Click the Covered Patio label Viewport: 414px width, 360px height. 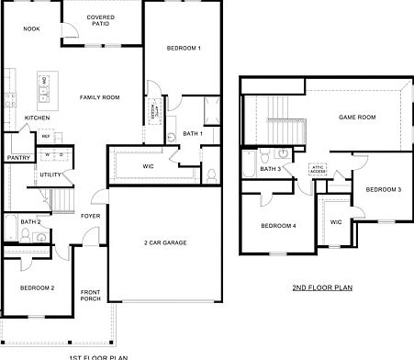tap(100, 20)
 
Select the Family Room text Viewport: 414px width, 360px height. tap(99, 97)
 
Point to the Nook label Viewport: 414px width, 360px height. tap(31, 28)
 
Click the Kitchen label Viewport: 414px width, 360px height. tap(37, 118)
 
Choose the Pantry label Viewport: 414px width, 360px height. tap(18, 157)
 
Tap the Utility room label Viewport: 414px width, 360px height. tap(50, 174)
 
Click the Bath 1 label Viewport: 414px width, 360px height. tap(192, 134)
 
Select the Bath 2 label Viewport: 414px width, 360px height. tap(30, 221)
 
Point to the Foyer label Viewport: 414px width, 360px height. tap(90, 216)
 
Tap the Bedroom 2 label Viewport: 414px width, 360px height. tap(38, 287)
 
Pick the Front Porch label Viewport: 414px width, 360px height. tap(90, 295)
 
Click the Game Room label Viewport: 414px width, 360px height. tap(358, 118)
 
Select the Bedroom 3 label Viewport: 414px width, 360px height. tap(383, 189)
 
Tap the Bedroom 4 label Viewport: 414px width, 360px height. tap(278, 225)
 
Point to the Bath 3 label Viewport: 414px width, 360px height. tap(270, 169)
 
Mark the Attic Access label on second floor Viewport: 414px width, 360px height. tap(318, 169)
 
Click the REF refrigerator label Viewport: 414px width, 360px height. tap(45, 136)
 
